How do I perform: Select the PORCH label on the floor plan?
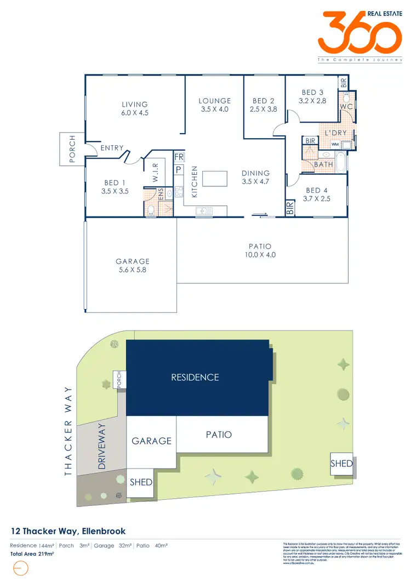pos(71,149)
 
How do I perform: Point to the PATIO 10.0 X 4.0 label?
pos(259,250)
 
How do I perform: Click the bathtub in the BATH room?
pos(340,163)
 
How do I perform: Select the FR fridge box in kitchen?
pos(179,156)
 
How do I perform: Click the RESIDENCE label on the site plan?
pos(195,377)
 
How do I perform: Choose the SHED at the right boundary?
pos(341,464)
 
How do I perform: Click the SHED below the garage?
pos(141,482)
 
